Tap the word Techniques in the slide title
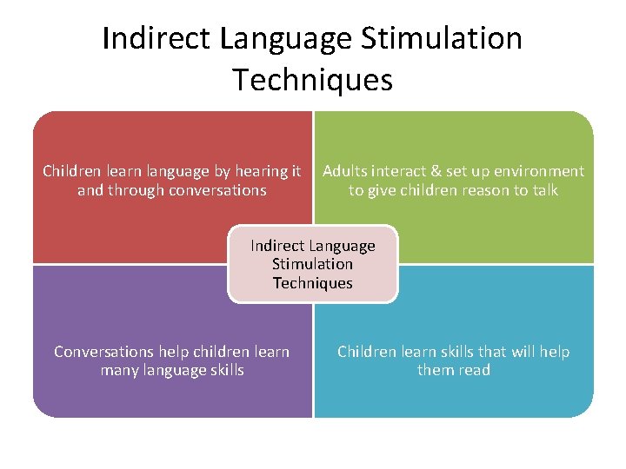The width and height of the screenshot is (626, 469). (313, 80)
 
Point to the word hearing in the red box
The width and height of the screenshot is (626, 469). (261, 172)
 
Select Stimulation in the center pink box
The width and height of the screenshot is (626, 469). (313, 264)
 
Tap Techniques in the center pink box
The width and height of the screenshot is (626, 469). (313, 283)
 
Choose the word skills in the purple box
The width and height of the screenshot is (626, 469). (224, 371)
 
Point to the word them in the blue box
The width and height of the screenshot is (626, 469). (435, 371)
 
